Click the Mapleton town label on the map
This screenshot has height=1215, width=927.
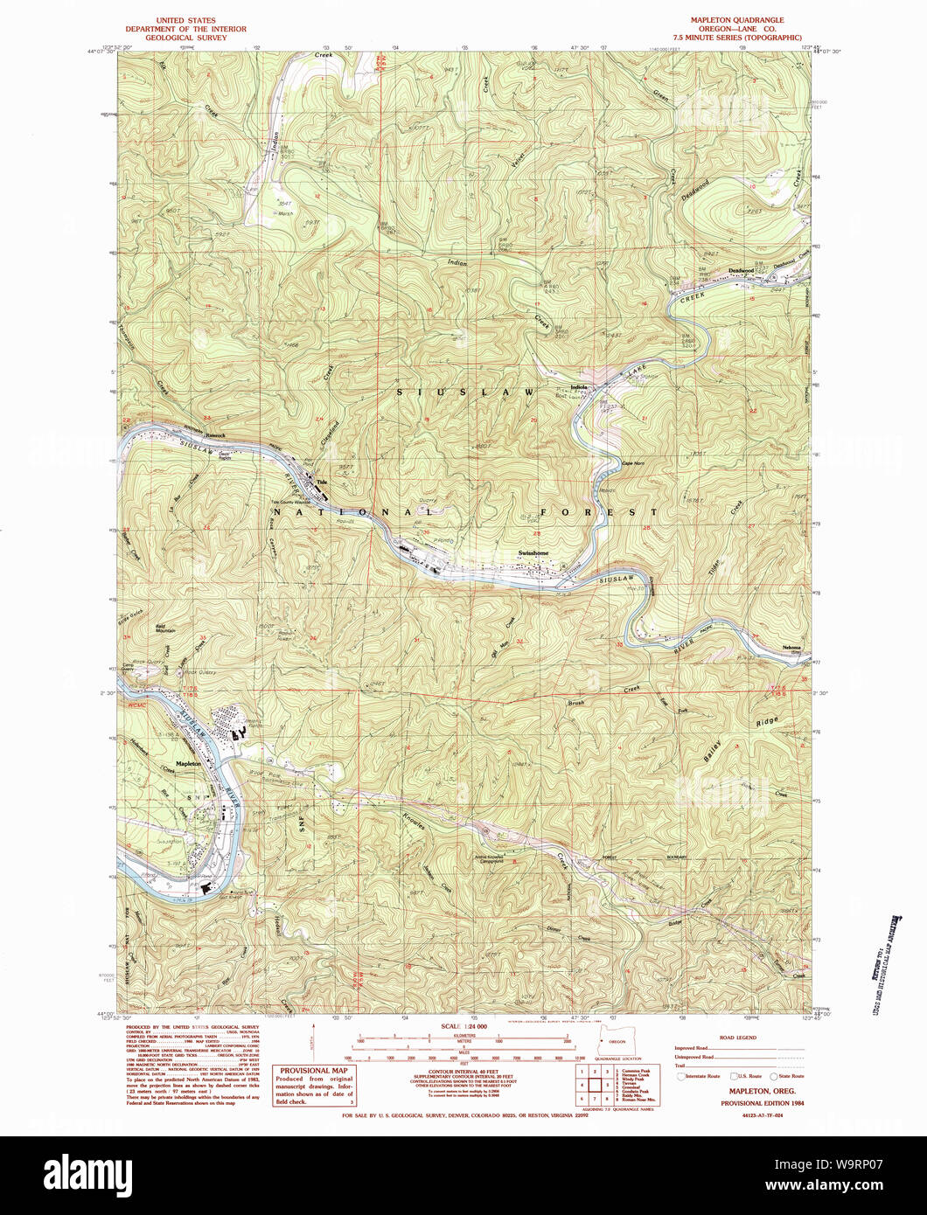(x=188, y=763)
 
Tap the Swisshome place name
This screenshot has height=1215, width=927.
(x=533, y=552)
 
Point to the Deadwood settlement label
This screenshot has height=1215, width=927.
(x=742, y=270)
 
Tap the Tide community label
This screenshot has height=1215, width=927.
(x=321, y=482)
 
